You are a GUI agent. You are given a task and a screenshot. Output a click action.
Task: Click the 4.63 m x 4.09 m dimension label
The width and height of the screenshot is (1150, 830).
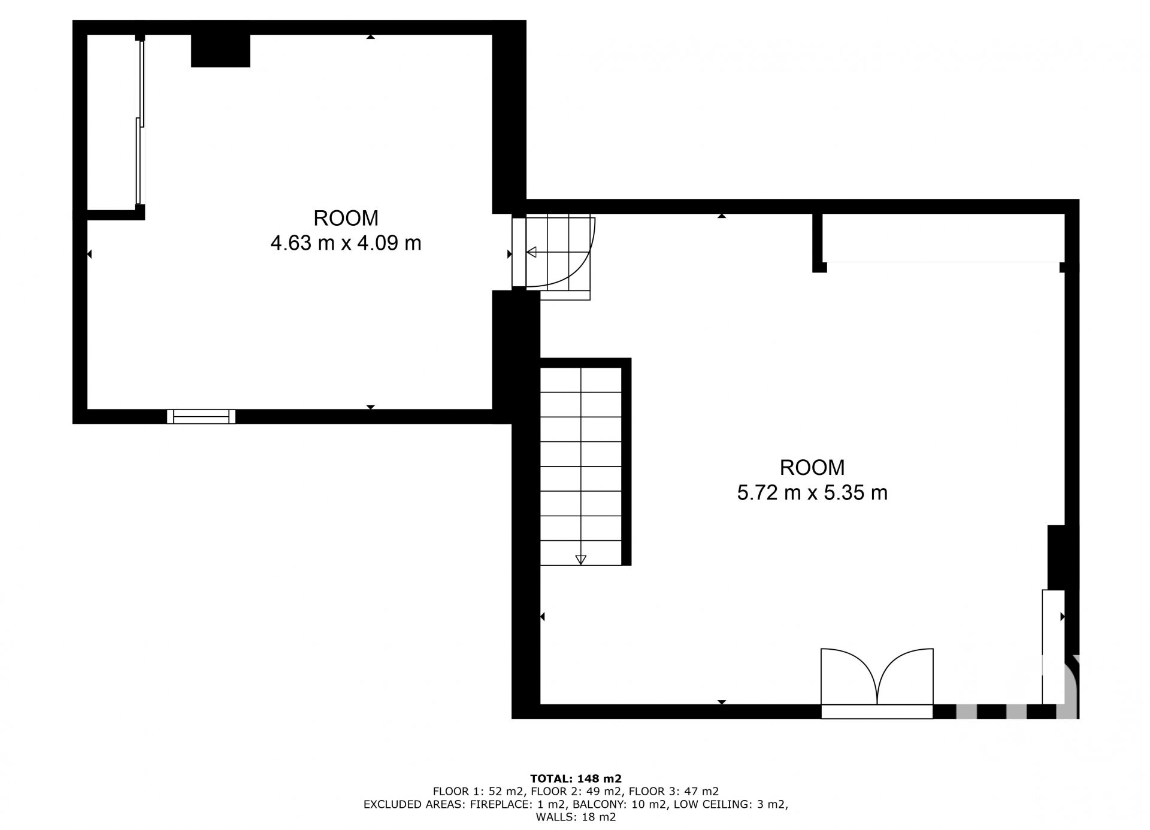point(346,243)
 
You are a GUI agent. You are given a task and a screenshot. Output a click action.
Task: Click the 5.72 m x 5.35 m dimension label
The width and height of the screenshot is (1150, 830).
point(812,493)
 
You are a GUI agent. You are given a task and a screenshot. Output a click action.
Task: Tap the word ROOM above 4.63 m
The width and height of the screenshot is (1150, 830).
point(346,218)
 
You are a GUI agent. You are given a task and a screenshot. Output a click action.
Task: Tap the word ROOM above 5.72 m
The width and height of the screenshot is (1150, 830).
point(812,467)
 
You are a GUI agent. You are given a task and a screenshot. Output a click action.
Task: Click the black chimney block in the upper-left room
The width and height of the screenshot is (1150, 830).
point(220,50)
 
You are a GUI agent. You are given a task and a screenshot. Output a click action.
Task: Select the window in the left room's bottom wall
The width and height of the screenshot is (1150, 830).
point(201,416)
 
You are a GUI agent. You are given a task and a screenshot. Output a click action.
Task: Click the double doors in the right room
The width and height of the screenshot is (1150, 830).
point(877,677)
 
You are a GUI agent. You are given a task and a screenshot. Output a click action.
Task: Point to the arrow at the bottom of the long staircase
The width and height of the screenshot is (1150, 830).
point(580,560)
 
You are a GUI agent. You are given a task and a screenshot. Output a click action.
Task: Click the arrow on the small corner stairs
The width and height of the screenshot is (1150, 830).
point(531,252)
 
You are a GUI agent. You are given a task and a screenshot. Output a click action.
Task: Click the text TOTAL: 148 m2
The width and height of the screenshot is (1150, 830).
point(576,778)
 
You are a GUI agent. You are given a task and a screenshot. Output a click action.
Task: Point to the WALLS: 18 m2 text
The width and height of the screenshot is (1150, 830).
point(576,817)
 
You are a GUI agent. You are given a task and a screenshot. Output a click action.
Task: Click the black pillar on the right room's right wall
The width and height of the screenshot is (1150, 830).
point(1057,558)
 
